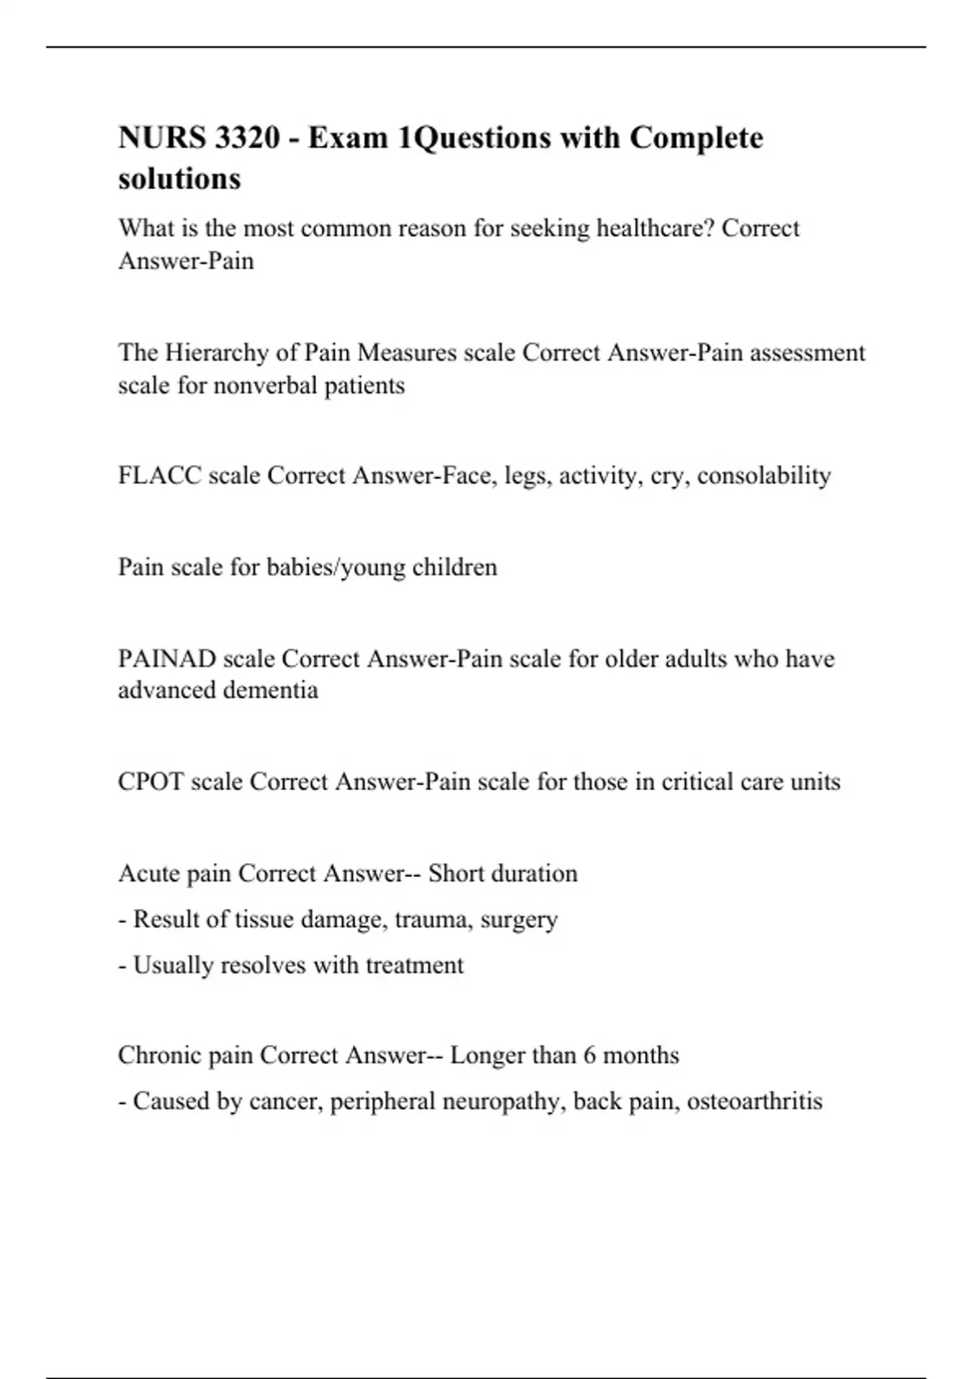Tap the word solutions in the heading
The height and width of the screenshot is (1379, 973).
179,178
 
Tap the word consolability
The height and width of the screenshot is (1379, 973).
764,475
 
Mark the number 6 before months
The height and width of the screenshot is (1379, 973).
589,1055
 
